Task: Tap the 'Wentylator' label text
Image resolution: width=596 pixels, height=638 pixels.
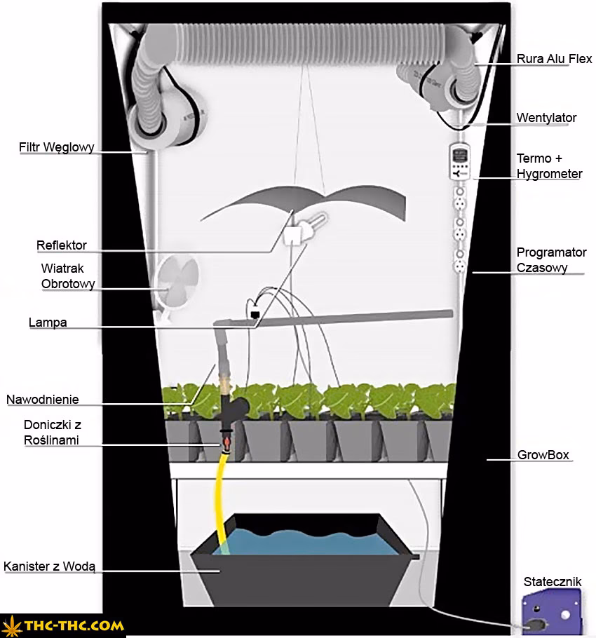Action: [x=546, y=117]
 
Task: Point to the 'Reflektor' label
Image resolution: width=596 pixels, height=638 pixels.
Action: [x=62, y=245]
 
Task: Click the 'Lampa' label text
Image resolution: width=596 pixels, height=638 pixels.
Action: [x=48, y=323]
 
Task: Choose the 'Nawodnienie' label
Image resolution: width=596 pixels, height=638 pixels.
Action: [x=43, y=400]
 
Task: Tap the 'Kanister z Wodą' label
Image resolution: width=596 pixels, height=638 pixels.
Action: [x=53, y=566]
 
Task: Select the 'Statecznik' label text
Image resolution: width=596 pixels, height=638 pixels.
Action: [x=553, y=582]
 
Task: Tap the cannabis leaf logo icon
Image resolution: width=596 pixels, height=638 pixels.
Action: [x=13, y=625]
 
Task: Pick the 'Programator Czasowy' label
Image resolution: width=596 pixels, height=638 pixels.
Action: [x=551, y=259]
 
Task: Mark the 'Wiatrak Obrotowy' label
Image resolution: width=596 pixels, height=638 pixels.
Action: [x=67, y=276]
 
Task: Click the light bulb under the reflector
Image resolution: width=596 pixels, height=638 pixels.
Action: [x=318, y=225]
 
